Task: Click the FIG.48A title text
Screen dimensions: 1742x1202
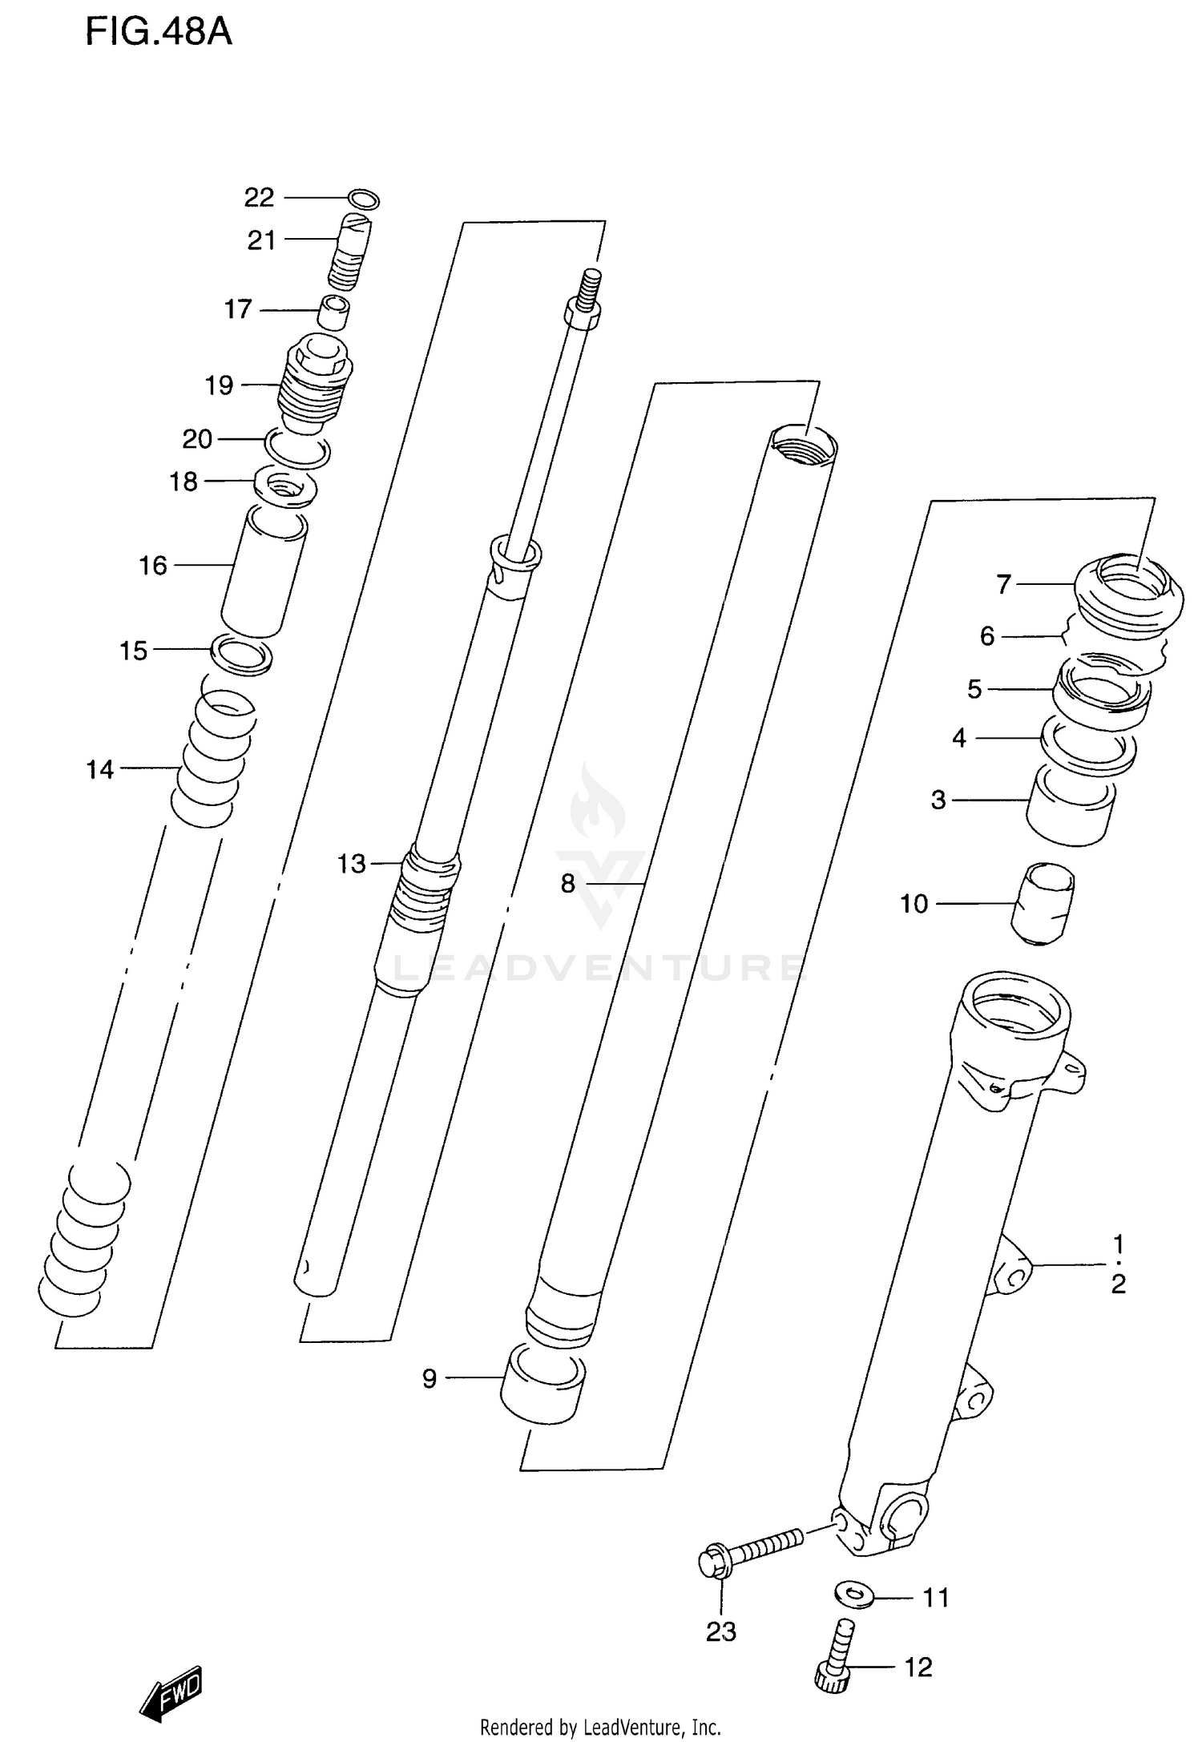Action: [x=159, y=33]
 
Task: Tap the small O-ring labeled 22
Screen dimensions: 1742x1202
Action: [x=365, y=200]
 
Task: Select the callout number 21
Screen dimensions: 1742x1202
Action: [x=261, y=240]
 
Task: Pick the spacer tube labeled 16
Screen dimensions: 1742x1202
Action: [x=264, y=574]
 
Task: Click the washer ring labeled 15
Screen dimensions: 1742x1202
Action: [x=241, y=654]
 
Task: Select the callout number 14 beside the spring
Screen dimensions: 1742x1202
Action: [x=101, y=770]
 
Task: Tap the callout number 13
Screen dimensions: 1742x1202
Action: [x=351, y=864]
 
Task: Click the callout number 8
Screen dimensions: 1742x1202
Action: [x=568, y=884]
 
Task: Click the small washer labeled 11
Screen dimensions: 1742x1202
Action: [x=853, y=1594]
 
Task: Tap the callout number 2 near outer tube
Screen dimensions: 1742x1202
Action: [x=1119, y=1284]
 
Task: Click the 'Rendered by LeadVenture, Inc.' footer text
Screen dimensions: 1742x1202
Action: [x=600, y=1727]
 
